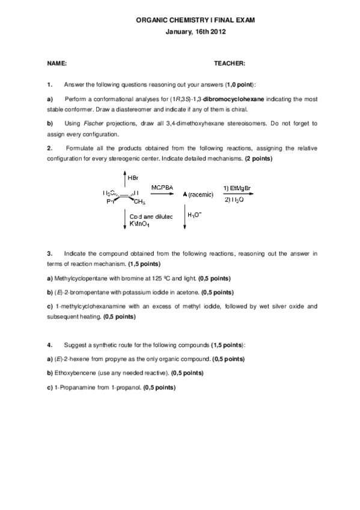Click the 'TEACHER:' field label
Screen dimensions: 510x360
230,63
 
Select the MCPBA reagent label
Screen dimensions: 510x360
162,188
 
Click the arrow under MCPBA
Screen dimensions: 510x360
162,194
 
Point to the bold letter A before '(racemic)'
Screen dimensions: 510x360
184,195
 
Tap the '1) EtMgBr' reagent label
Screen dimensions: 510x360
237,188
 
